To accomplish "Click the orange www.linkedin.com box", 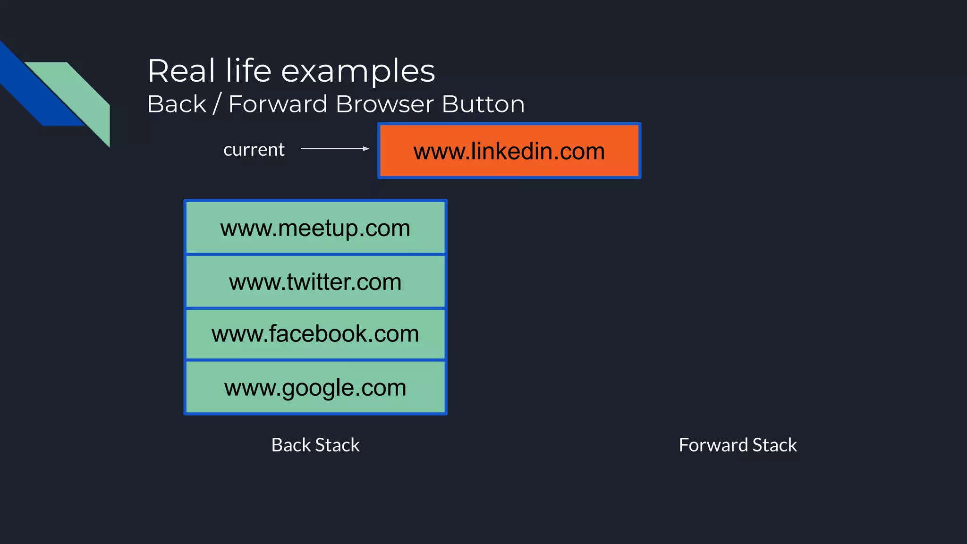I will point(509,151).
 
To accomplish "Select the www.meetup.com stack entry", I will point(315,228).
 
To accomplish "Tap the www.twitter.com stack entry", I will point(315,282).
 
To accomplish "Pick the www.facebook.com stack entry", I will point(315,334).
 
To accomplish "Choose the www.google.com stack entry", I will point(315,388).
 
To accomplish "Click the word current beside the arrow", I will point(254,150).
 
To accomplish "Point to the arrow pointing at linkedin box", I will point(335,149).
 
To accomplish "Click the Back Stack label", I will point(315,445).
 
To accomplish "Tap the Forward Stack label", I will point(738,445).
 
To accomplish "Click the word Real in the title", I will point(181,71).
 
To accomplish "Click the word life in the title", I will point(248,71).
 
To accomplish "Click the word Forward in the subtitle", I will point(278,104).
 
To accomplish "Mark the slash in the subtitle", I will point(217,104).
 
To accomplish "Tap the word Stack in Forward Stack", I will point(774,445).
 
